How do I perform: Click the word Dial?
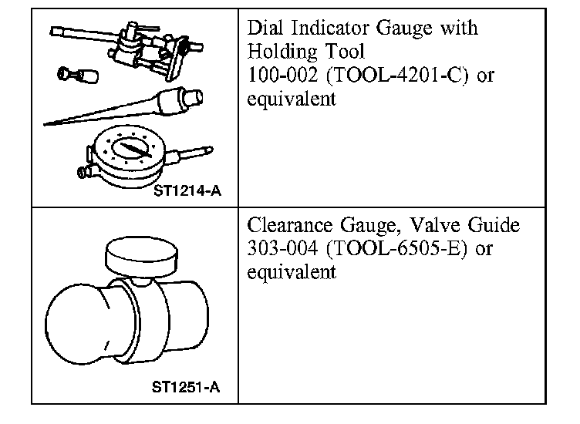(x=265, y=29)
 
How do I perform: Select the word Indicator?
(x=332, y=29)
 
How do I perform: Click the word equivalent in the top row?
(x=292, y=100)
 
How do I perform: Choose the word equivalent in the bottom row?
(x=292, y=272)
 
